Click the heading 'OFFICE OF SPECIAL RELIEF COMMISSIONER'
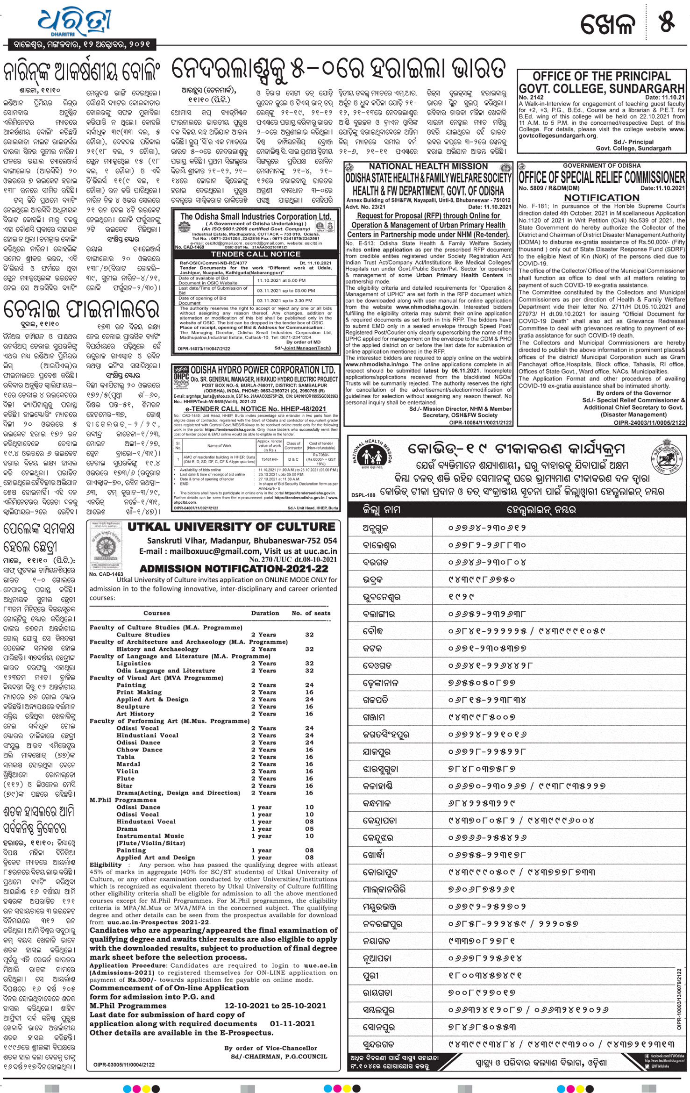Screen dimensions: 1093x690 (602, 177)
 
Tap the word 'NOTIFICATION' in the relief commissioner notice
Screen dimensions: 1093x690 (601, 198)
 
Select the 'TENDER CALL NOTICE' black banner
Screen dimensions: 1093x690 (256, 254)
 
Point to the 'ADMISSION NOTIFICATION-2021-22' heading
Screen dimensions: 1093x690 (234, 569)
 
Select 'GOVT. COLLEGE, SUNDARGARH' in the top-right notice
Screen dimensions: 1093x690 (602, 88)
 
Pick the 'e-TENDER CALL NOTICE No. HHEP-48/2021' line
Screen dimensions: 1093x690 (256, 408)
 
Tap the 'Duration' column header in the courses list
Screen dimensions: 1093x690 (265, 613)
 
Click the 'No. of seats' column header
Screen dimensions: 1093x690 (311, 613)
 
